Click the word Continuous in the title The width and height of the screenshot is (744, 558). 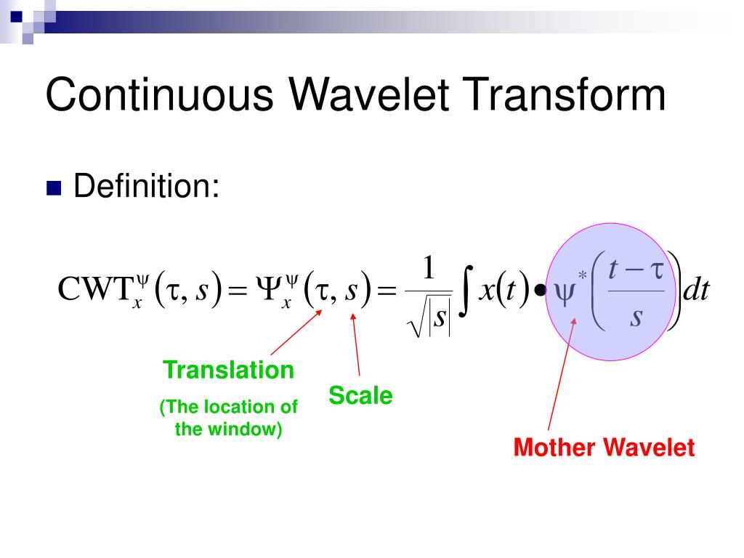[159, 94]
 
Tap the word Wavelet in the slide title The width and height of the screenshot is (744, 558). [368, 94]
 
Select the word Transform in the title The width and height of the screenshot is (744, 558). [564, 94]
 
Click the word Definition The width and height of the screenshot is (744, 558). [146, 185]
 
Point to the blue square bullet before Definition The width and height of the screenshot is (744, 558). [54, 188]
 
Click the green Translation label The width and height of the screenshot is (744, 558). [228, 370]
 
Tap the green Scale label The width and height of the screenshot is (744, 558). [360, 395]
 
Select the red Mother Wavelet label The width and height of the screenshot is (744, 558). [604, 447]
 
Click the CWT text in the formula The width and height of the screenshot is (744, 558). [95, 288]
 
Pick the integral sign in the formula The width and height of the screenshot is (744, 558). [466, 291]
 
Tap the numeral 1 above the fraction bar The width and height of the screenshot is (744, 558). [429, 267]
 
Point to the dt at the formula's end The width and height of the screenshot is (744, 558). [695, 289]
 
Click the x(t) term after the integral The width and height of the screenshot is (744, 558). [503, 288]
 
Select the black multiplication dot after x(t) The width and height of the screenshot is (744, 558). [540, 289]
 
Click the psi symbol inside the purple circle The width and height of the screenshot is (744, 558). [564, 293]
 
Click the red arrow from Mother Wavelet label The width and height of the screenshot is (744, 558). [562, 374]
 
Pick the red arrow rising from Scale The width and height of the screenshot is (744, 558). [355, 344]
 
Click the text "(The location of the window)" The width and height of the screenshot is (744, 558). [228, 418]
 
